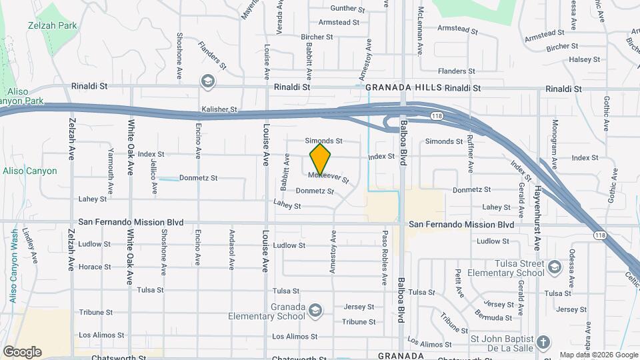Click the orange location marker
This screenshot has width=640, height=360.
coord(321,159)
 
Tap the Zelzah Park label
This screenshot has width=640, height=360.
coord(52,25)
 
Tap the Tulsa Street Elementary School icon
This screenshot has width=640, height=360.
coord(553,268)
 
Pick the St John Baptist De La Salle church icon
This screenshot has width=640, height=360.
coord(543,342)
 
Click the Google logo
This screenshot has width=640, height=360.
coord(22,351)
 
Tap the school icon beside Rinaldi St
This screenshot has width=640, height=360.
coord(208,81)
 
